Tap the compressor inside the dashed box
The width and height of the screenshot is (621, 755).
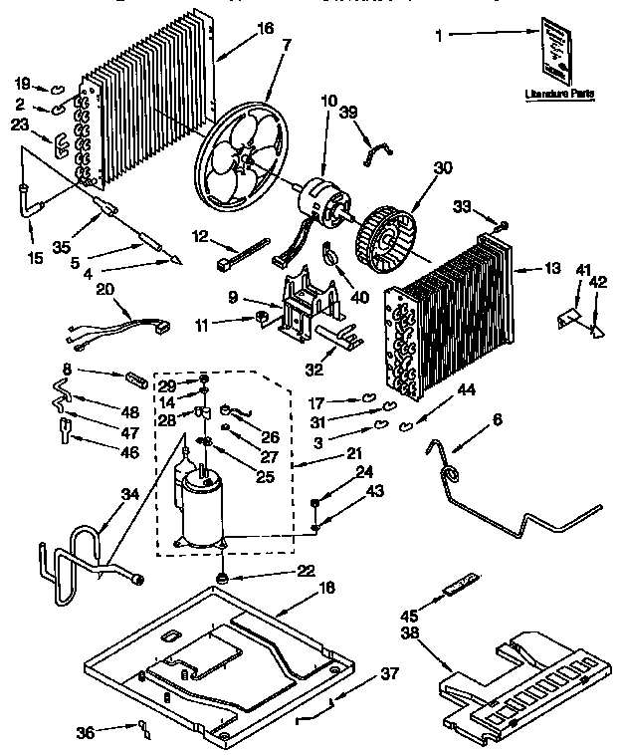coord(203,502)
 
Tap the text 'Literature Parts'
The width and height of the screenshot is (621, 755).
coord(559,94)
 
